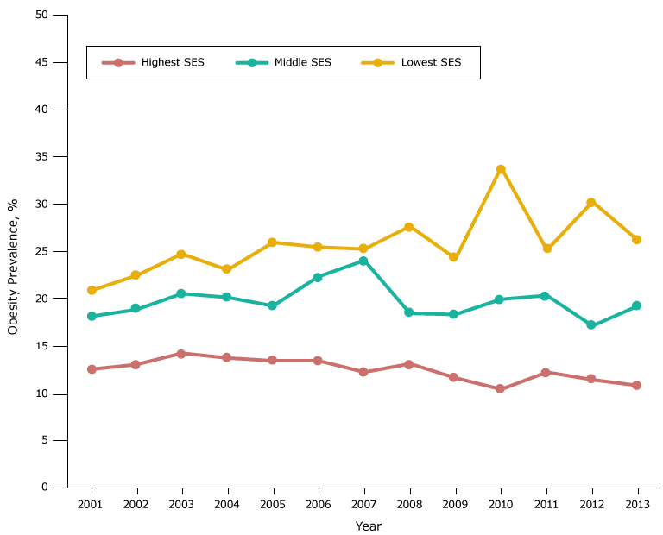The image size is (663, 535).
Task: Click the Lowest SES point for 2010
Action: point(500,169)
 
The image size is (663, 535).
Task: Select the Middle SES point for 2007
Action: point(363,261)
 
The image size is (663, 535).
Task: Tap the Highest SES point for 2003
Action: point(181,354)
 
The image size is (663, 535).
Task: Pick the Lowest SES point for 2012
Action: point(590,202)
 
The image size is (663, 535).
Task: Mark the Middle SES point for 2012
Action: point(590,325)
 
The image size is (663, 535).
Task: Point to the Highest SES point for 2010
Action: point(500,389)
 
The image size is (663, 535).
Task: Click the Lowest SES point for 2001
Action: point(92,290)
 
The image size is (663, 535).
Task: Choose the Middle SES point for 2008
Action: point(408,313)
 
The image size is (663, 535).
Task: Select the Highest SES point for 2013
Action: point(636,385)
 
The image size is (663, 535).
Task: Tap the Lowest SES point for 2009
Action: point(453,257)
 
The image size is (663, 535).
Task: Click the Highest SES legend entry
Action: point(153,62)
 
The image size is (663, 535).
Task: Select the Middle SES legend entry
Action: point(284,62)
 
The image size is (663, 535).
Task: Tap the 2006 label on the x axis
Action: point(318,503)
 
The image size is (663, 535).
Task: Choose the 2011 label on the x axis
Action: point(545,503)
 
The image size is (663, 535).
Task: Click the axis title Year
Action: point(368,526)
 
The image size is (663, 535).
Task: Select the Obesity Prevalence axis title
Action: point(13,267)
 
